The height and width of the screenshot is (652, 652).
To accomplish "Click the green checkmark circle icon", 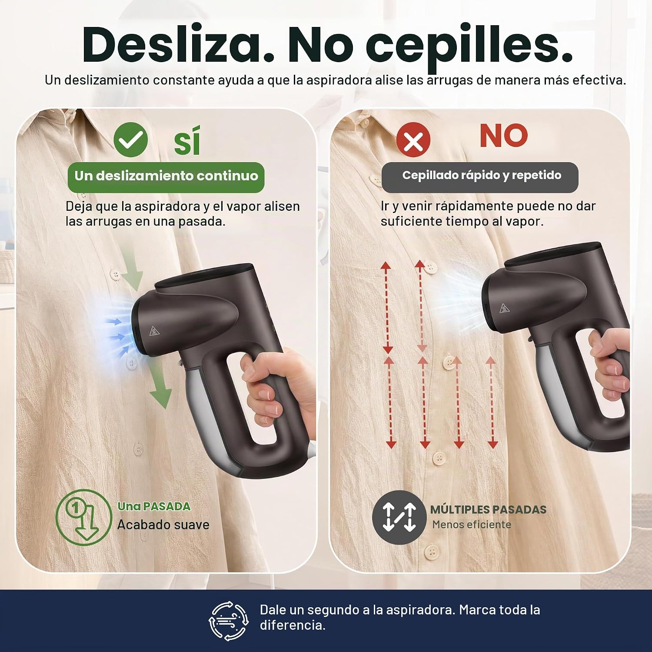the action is coord(130,140).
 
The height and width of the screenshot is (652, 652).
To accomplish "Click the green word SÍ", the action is coord(187,140).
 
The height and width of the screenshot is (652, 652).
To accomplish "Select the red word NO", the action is coord(504,136).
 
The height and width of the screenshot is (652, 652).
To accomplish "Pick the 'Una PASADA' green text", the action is coord(154,506).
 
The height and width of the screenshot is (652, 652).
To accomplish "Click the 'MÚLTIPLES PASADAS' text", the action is coord(488,509).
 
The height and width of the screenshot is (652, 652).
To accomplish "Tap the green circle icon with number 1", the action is coord(84,517).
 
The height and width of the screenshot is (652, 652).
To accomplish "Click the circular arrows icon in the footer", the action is coord(229,620).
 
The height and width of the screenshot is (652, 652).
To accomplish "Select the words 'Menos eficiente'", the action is coord(472,525).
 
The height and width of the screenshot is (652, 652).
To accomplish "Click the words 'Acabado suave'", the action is coord(163,525).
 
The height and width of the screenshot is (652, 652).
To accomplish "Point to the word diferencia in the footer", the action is coord(292,625).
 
